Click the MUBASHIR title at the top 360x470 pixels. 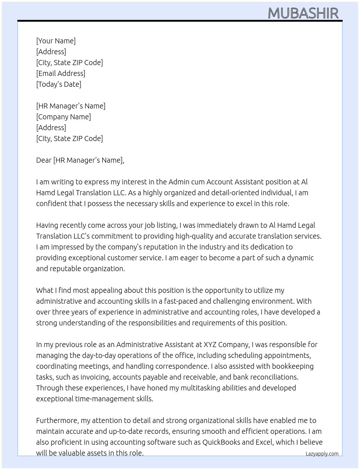(303, 13)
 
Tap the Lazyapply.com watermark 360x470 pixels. (322, 454)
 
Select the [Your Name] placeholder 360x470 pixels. (56, 41)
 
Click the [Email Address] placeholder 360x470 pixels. (61, 73)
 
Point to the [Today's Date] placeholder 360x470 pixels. (59, 84)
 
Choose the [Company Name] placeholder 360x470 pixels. (63, 117)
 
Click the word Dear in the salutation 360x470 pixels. (44, 160)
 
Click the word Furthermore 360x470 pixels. (57, 420)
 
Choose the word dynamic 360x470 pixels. (300, 258)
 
